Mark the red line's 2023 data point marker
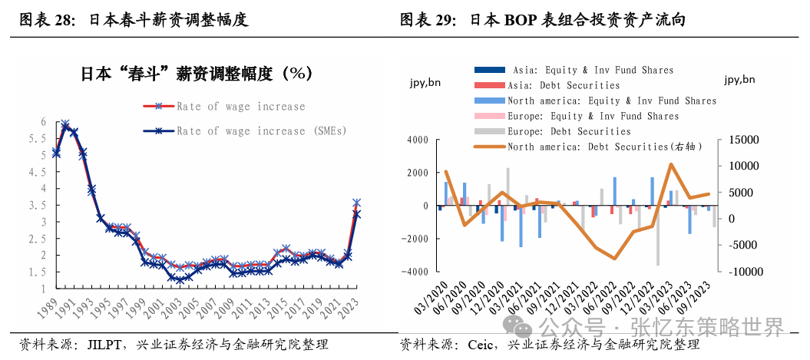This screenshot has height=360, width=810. (356, 203)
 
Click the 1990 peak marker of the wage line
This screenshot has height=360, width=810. (65, 124)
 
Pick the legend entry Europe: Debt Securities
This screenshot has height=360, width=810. (569, 131)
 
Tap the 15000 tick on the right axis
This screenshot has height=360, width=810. (742, 140)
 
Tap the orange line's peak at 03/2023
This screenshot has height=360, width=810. (671, 164)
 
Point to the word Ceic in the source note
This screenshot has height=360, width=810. (482, 345)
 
